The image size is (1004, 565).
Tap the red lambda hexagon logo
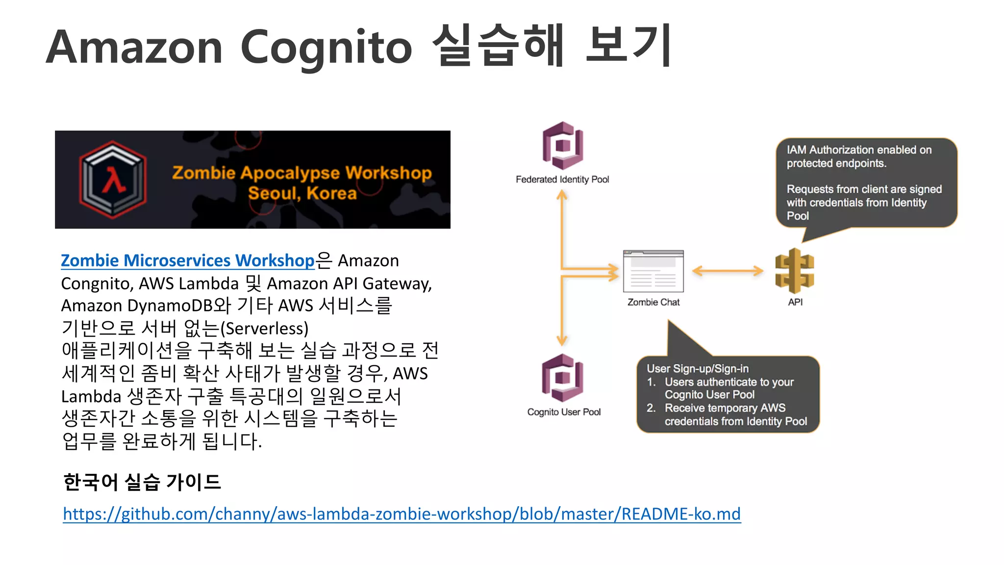(x=113, y=180)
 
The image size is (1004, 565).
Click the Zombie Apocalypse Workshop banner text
(x=301, y=173)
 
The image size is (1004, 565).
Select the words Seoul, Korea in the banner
(x=302, y=193)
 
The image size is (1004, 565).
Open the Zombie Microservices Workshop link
(x=187, y=260)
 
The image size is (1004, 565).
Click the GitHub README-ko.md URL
(x=402, y=514)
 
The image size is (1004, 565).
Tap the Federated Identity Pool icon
(x=562, y=146)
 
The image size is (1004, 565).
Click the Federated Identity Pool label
(x=562, y=180)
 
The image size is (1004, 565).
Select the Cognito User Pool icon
(x=562, y=378)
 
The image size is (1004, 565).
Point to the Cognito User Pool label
(x=564, y=412)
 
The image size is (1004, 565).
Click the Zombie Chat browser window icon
(x=653, y=271)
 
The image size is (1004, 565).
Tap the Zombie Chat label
(x=653, y=302)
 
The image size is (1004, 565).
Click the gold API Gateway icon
(x=794, y=271)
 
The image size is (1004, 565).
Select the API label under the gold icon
(x=795, y=302)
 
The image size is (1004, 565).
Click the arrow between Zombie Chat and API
(x=728, y=271)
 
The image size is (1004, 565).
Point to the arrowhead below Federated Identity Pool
(x=562, y=196)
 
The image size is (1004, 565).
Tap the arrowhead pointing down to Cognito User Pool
(x=562, y=340)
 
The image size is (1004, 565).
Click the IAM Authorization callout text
(x=859, y=156)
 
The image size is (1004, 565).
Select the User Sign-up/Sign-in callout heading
(x=698, y=368)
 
